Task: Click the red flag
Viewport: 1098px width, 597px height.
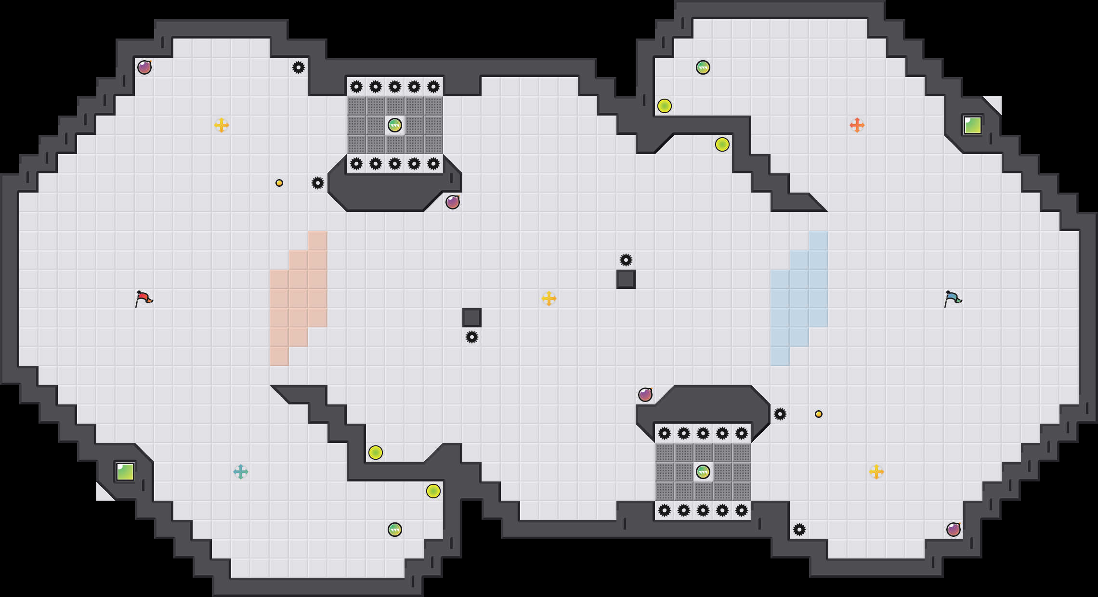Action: pyautogui.click(x=144, y=298)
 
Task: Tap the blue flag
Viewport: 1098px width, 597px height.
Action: pyautogui.click(x=953, y=298)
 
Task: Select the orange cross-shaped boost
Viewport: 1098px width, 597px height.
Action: pyautogui.click(x=857, y=125)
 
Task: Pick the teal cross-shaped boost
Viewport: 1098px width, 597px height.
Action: pyautogui.click(x=240, y=472)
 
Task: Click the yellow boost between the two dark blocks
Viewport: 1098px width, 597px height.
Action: pyautogui.click(x=549, y=298)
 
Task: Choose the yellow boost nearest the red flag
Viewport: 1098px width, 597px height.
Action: pyautogui.click(x=221, y=125)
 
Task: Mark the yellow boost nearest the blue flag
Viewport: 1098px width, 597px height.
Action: pyautogui.click(x=876, y=472)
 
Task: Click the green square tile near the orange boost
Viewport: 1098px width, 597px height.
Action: pyautogui.click(x=972, y=125)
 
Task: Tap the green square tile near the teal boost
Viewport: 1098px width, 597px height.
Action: pyautogui.click(x=125, y=472)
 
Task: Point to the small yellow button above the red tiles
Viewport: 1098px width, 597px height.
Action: pyautogui.click(x=279, y=183)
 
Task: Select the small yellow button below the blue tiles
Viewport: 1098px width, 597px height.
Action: pyautogui.click(x=819, y=414)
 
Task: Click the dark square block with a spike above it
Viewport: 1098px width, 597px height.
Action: pyautogui.click(x=626, y=279)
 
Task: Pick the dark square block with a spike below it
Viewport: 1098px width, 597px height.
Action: pyautogui.click(x=472, y=318)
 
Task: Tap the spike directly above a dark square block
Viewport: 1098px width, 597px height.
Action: pyautogui.click(x=626, y=260)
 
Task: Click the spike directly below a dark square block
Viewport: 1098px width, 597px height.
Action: pyautogui.click(x=472, y=337)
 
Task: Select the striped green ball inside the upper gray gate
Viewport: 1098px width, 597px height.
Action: pyautogui.click(x=394, y=125)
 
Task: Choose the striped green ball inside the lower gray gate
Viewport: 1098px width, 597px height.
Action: pyautogui.click(x=703, y=472)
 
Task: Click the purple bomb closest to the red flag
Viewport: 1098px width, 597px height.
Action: pyautogui.click(x=144, y=67)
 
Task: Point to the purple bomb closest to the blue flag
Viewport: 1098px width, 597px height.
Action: pyautogui.click(x=954, y=530)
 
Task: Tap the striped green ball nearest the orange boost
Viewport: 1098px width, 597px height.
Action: pyautogui.click(x=703, y=67)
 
